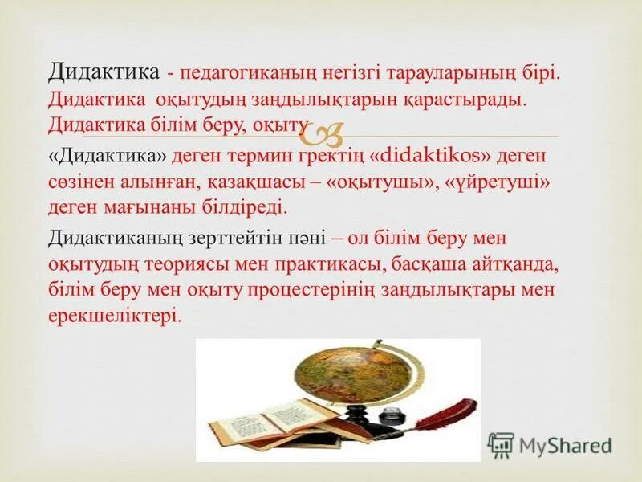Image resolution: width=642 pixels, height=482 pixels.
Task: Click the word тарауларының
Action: pos(434,73)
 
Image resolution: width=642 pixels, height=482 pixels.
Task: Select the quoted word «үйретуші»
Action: pos(502,182)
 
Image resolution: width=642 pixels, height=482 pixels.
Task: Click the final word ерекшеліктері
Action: pos(115,317)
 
